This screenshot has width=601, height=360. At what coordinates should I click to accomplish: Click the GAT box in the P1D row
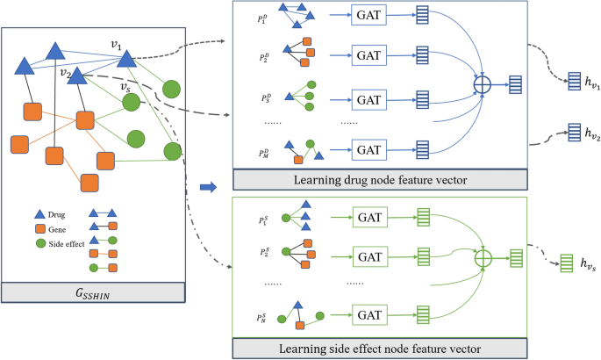pos(367,17)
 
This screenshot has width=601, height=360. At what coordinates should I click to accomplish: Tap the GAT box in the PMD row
pos(367,148)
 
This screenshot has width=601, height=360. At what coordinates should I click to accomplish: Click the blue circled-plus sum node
pos(482,85)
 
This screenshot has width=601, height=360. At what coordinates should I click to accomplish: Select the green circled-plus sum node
pos(482,259)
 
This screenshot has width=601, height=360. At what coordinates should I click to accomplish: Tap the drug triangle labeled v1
pos(125,58)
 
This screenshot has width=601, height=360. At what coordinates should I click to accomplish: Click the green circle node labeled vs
pos(131,103)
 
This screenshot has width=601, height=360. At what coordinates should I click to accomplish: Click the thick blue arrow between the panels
pos(208,186)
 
